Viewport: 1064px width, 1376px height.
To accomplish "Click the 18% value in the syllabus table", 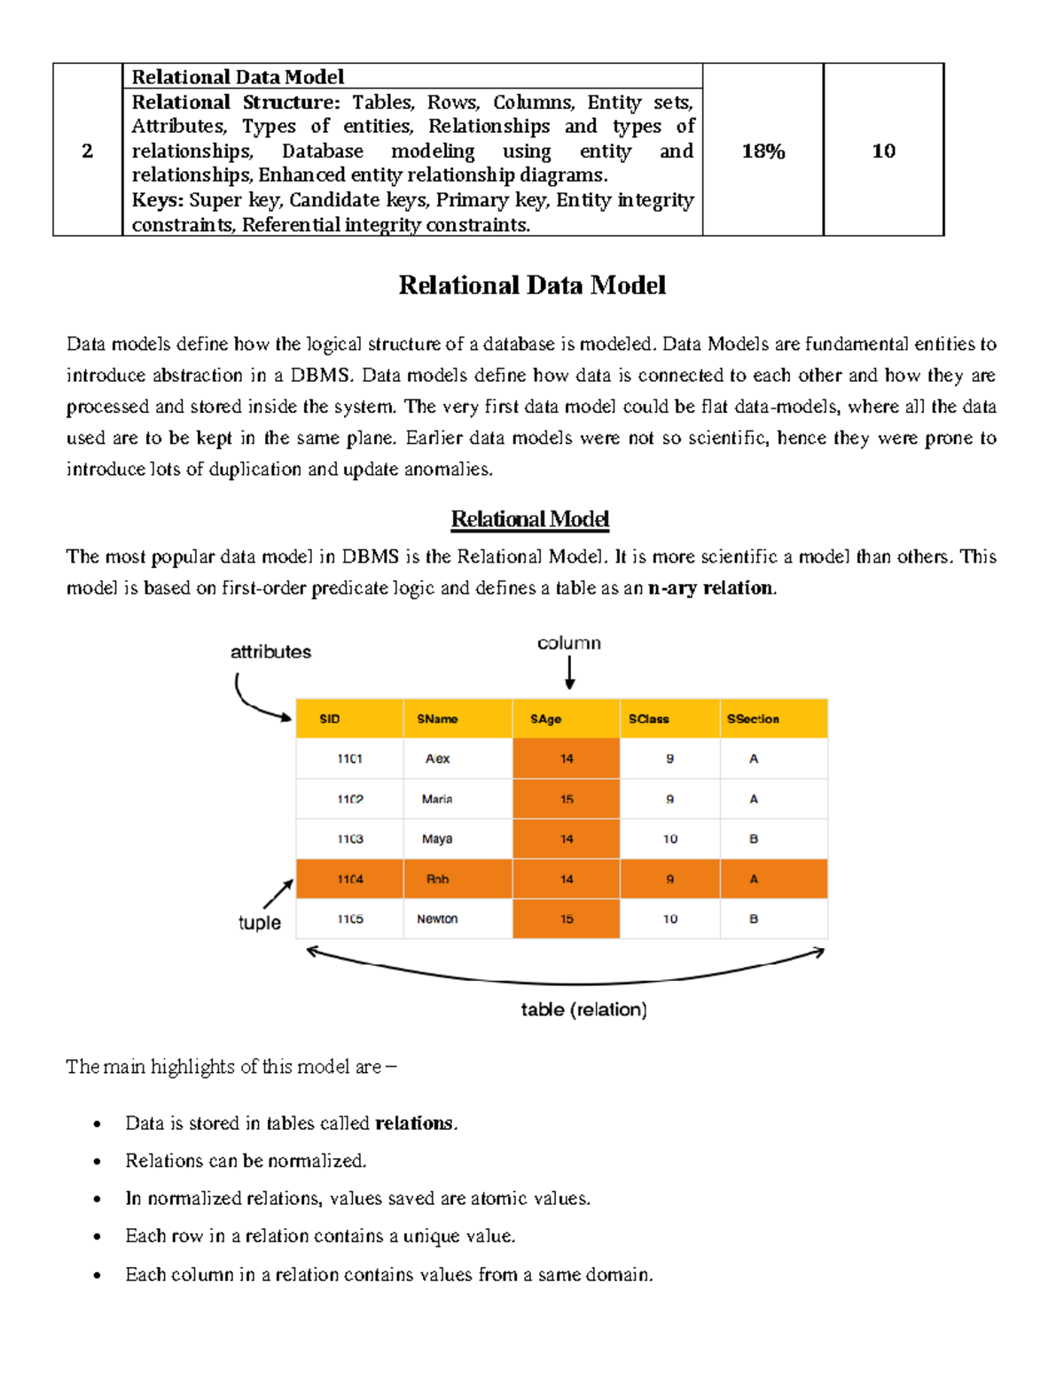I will [x=763, y=152].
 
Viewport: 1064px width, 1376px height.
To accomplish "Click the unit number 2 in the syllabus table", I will [x=87, y=152].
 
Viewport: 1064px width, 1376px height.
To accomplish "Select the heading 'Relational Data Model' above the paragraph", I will [x=532, y=285].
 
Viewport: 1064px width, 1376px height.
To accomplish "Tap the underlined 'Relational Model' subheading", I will [x=529, y=519].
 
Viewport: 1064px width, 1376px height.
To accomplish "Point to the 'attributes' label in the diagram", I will [x=270, y=652].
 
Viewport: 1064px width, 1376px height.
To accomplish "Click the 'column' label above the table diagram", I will [x=568, y=643].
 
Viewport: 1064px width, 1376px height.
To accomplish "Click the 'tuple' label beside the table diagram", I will [x=259, y=922].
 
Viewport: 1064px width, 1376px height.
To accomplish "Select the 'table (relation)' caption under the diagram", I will [x=583, y=1009].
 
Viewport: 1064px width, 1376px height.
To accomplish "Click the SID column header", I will [x=330, y=719].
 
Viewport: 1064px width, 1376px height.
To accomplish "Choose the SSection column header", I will [x=753, y=719].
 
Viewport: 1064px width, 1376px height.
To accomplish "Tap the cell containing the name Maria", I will [x=437, y=799].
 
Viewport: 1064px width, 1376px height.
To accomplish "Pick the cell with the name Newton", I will [x=437, y=919].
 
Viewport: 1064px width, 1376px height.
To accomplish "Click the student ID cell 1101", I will [x=349, y=759].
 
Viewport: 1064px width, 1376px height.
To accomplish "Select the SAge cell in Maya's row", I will [x=567, y=839].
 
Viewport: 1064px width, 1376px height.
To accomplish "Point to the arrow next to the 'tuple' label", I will [x=278, y=894].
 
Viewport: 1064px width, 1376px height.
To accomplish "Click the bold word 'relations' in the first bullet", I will [x=414, y=1123].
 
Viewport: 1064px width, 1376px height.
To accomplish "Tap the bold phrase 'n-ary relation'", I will [x=711, y=588].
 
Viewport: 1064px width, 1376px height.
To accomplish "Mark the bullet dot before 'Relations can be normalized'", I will [x=98, y=1162].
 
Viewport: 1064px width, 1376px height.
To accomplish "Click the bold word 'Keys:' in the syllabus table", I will [x=158, y=200].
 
